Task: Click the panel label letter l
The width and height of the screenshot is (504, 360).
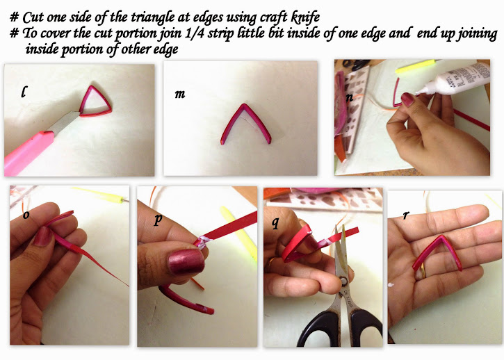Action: [24, 92]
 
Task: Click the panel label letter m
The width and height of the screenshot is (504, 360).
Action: [180, 94]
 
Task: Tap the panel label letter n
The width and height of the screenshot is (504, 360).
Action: [350, 97]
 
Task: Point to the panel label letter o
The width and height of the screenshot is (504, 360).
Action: [26, 215]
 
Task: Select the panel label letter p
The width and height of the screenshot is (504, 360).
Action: [158, 219]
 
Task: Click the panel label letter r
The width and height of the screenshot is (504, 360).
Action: [406, 215]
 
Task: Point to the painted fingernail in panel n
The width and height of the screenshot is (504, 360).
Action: [407, 99]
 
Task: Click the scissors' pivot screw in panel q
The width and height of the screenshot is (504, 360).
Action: [343, 282]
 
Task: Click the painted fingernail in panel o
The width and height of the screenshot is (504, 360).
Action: [42, 236]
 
